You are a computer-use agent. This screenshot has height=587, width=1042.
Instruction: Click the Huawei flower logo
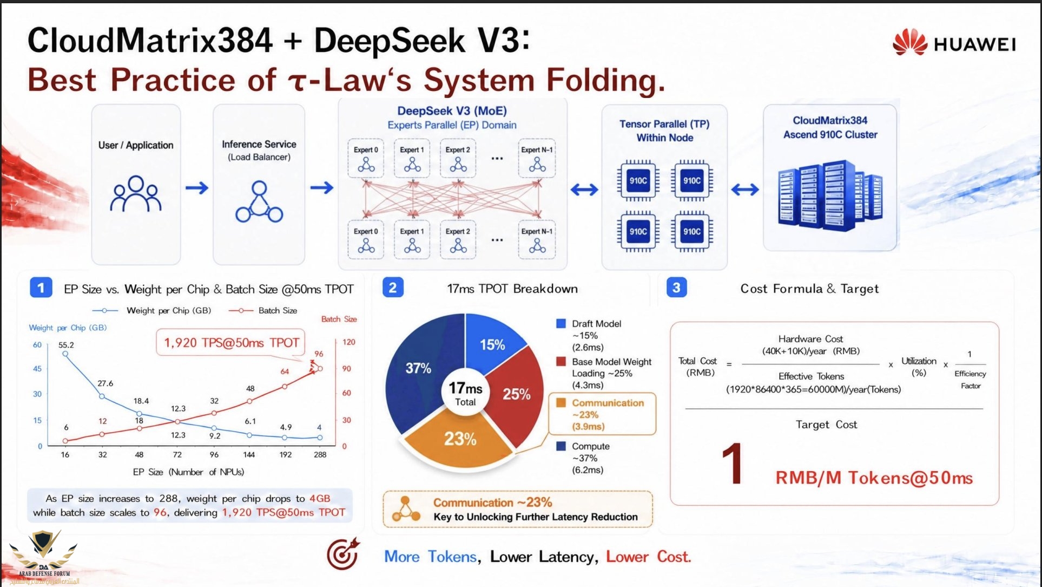(911, 42)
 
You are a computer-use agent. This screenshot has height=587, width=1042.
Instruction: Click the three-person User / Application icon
(136, 193)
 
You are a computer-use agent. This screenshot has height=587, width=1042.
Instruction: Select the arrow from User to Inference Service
(197, 188)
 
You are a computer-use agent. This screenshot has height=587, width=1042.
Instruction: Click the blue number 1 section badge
(41, 288)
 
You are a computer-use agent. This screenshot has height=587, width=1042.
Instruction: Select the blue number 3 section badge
(676, 288)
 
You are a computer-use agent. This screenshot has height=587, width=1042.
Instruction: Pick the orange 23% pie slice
(459, 438)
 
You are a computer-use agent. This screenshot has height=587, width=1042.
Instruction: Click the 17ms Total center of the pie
(465, 393)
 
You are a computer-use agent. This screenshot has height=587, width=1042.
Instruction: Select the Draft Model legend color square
(561, 323)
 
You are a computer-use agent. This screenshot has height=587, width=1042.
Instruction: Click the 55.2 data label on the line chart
(66, 344)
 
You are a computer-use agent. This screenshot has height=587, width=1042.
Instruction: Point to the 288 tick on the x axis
(320, 455)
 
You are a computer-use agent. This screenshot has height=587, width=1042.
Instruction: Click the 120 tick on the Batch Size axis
(349, 342)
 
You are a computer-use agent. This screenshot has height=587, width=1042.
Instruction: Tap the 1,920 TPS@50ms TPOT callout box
(231, 343)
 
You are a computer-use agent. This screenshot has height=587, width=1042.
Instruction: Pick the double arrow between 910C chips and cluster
(745, 190)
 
